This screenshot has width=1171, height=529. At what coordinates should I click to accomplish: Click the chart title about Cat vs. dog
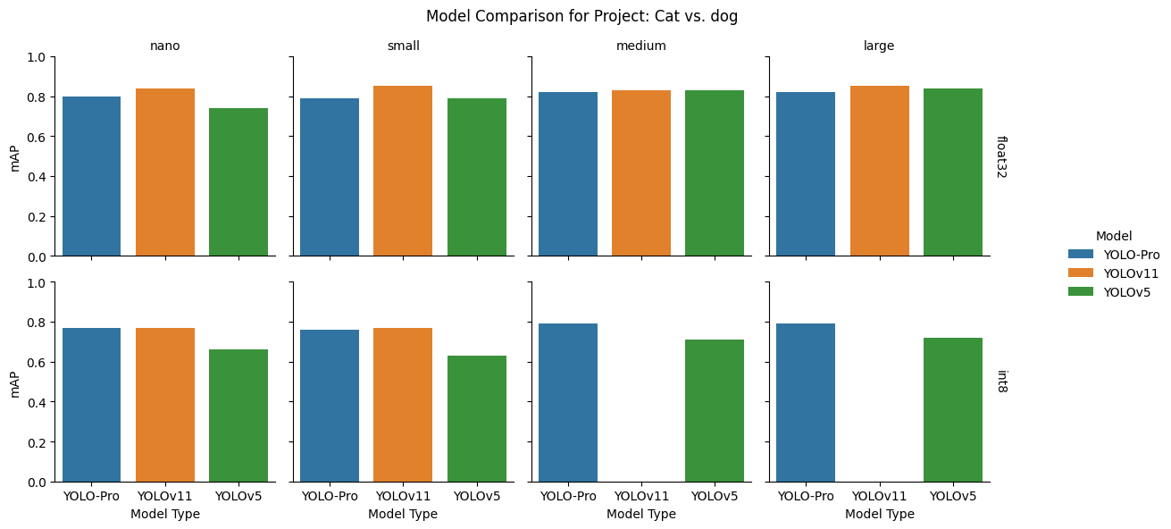581,16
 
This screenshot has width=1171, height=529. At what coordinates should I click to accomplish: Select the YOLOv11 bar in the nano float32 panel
165,172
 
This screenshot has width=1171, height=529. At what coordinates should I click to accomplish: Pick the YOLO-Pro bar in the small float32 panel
330,177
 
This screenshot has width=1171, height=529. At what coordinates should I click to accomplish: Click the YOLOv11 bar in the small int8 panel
403,405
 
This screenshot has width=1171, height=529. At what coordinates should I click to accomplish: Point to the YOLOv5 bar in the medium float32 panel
715,173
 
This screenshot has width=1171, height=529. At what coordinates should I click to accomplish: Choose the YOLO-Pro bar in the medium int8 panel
568,402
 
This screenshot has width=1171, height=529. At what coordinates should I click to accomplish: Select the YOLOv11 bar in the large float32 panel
880,171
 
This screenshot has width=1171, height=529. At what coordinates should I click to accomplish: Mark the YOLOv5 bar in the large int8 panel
953,409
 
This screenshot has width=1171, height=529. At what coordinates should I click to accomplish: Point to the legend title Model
1114,236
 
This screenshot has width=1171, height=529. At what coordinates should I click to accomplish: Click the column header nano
165,46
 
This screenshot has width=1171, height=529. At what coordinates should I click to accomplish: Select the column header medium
641,46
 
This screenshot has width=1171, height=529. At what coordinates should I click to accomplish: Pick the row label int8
1002,382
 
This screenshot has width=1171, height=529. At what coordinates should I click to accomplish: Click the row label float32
1002,156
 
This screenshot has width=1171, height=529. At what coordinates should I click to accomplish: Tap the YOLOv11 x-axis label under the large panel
880,496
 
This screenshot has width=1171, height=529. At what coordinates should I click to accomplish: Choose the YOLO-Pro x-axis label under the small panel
330,496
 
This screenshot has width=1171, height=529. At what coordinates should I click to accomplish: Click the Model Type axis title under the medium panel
641,514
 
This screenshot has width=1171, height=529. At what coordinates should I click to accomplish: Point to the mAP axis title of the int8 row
14,382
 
